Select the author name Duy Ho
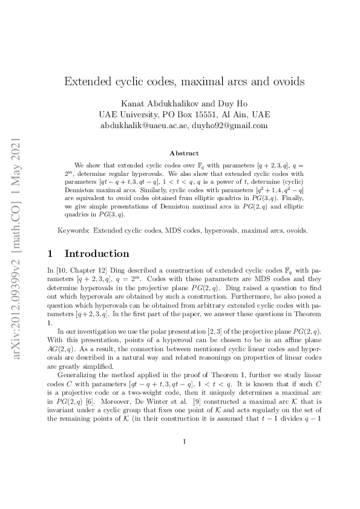[233, 103]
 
